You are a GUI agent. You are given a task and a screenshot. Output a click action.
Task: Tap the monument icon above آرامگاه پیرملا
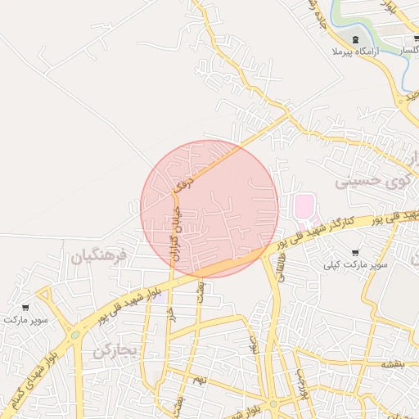point(354,39)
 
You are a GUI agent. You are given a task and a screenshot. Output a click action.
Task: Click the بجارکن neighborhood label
point(112,352)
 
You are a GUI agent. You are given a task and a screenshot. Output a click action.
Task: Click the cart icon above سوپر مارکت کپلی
point(354,252)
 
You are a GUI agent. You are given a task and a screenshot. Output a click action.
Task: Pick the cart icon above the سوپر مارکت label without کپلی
point(26,308)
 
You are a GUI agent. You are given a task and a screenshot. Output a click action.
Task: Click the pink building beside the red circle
point(304,205)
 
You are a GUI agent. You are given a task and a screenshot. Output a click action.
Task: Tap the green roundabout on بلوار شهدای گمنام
point(75,335)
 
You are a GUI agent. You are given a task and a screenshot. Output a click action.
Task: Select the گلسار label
point(412,52)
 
